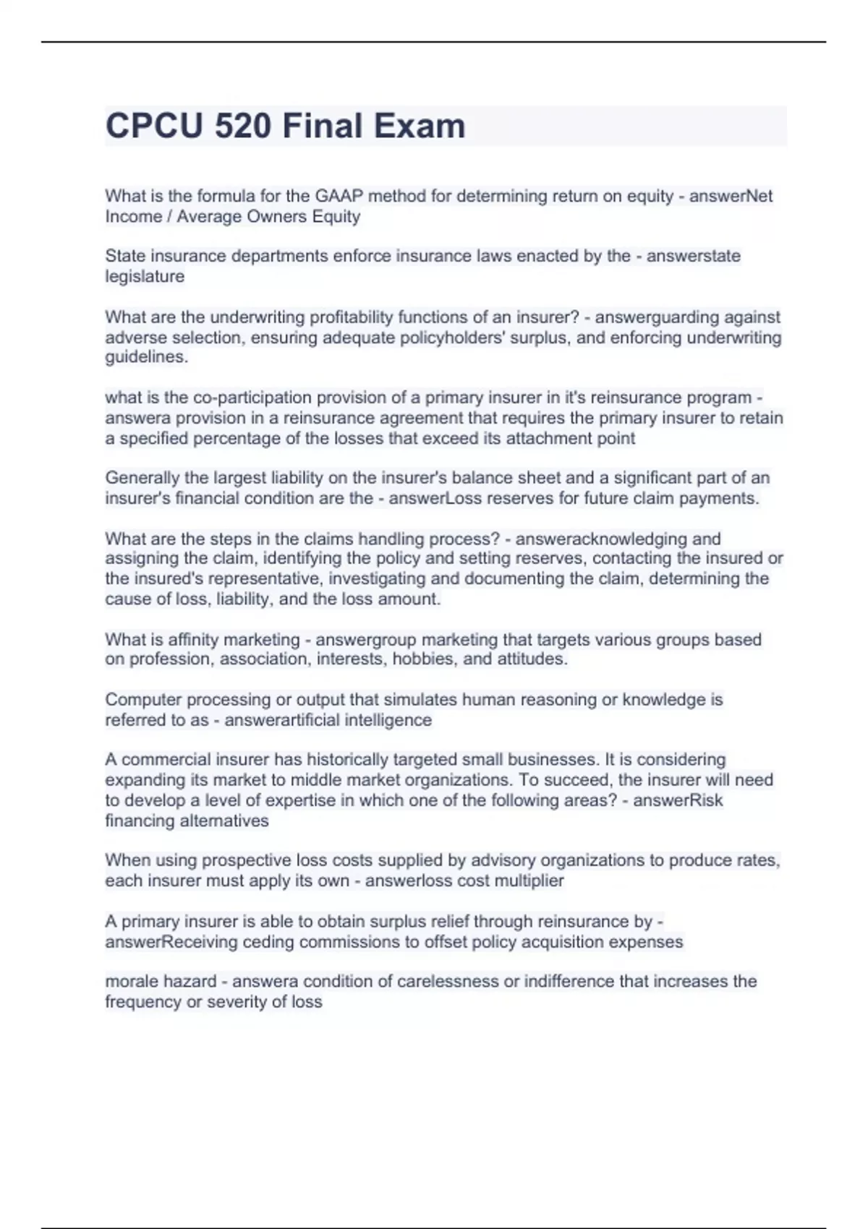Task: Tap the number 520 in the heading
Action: [243, 126]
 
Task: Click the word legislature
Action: [145, 276]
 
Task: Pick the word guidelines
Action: [146, 357]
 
